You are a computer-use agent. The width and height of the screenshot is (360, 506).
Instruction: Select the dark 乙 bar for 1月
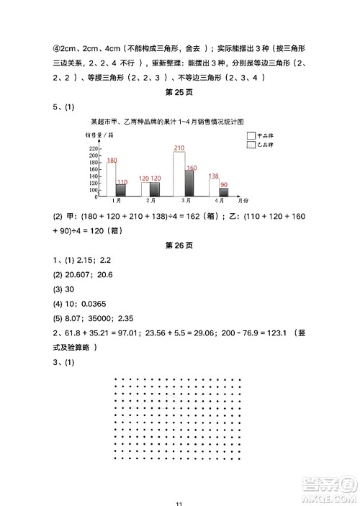[121, 190]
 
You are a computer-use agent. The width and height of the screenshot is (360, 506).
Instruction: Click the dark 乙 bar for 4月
[224, 192]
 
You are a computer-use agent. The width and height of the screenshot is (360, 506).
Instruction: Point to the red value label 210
[179, 148]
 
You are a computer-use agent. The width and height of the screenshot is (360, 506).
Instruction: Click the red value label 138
[213, 176]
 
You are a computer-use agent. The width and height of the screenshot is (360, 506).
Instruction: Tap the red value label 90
[224, 185]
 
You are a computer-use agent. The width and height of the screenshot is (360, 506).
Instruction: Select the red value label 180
[112, 161]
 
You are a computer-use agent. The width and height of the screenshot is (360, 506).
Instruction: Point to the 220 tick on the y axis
[94, 148]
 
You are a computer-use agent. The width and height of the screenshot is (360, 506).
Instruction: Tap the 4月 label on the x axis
[219, 202]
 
